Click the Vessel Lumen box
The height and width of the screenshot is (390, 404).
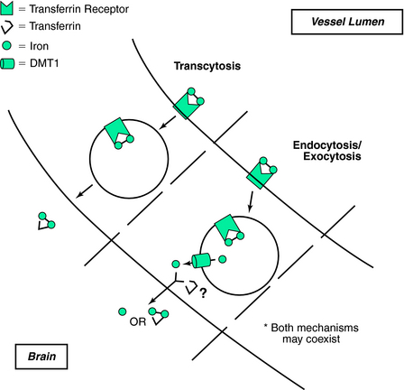click(x=347, y=22)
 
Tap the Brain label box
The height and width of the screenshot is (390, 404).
click(x=41, y=357)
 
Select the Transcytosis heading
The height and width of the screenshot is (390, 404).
click(x=207, y=66)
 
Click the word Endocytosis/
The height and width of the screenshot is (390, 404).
click(x=327, y=145)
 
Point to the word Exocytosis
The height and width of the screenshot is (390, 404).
click(x=332, y=156)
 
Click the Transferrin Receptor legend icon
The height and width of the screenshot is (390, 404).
click(x=6, y=9)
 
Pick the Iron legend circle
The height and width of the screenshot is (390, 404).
click(x=6, y=46)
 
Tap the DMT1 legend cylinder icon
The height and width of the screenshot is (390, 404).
click(x=7, y=64)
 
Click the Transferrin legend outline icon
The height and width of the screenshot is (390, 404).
click(x=6, y=26)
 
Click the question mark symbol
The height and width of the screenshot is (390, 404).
click(x=203, y=292)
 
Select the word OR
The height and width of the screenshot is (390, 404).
click(x=138, y=322)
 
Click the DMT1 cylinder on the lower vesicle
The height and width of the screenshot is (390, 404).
click(x=201, y=261)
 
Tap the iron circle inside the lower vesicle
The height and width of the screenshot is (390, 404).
click(x=222, y=259)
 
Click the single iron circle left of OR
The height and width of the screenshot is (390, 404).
click(x=123, y=311)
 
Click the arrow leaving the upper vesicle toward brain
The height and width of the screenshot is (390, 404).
click(x=84, y=191)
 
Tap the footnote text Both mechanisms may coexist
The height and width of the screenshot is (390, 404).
click(x=311, y=333)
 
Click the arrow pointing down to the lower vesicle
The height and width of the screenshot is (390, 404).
click(x=251, y=201)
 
